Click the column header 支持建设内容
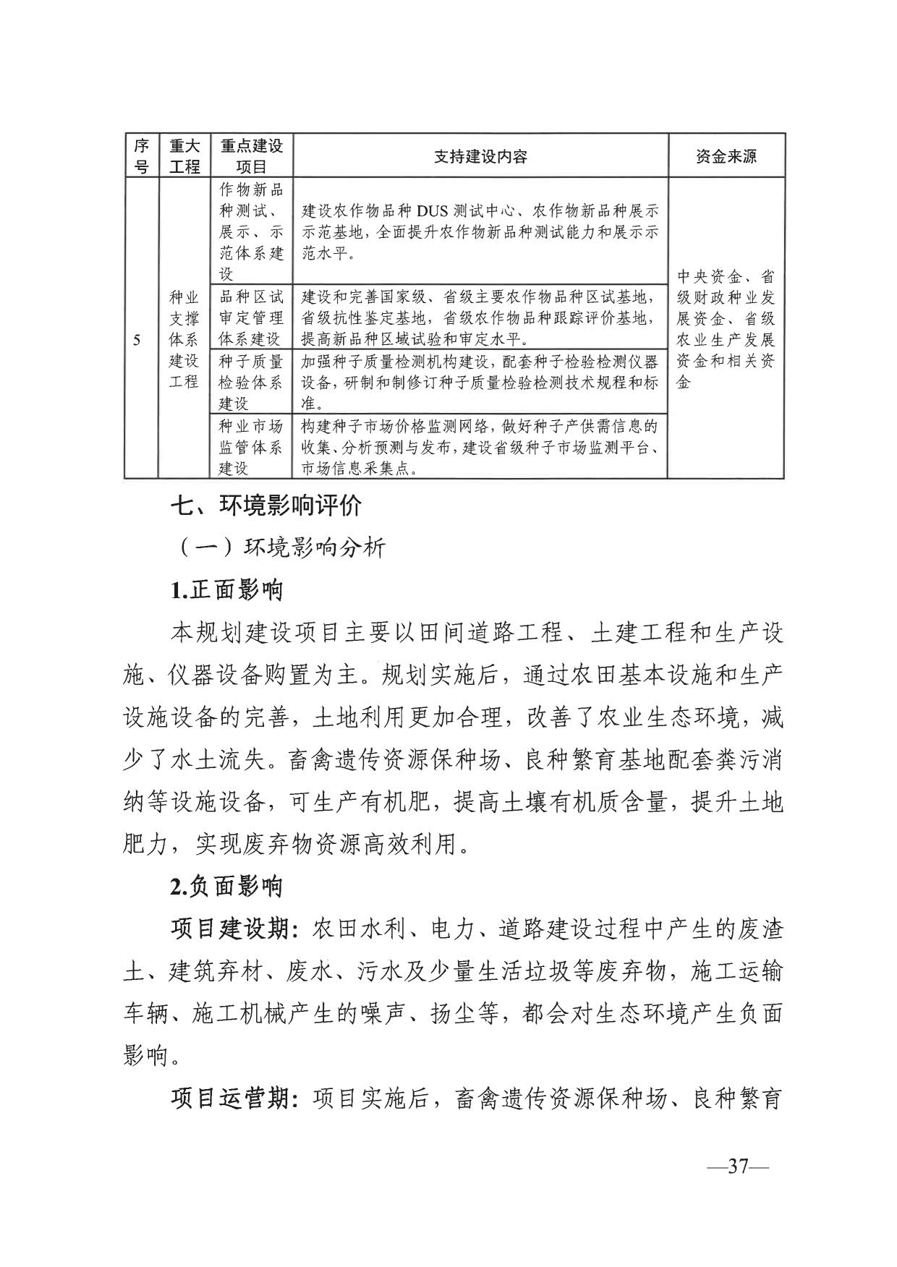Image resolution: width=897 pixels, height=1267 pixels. (x=480, y=156)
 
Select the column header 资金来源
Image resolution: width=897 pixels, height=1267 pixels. (x=726, y=156)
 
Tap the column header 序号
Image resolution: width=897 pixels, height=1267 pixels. (x=141, y=156)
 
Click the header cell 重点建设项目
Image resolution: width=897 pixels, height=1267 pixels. (x=251, y=156)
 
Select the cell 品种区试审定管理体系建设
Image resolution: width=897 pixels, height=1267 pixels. (x=251, y=317)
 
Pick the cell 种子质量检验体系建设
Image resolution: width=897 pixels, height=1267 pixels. (x=251, y=382)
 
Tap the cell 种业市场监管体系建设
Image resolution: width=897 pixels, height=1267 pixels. (x=251, y=447)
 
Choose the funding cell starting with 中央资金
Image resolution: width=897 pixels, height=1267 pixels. (x=726, y=329)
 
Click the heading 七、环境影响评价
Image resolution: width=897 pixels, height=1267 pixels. (x=265, y=505)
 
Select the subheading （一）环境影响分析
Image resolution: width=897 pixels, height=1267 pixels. (x=282, y=547)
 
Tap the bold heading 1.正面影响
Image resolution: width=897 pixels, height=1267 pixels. (x=226, y=590)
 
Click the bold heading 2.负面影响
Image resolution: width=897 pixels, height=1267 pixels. (x=226, y=887)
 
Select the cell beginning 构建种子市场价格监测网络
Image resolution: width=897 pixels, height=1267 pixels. (x=480, y=447)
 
